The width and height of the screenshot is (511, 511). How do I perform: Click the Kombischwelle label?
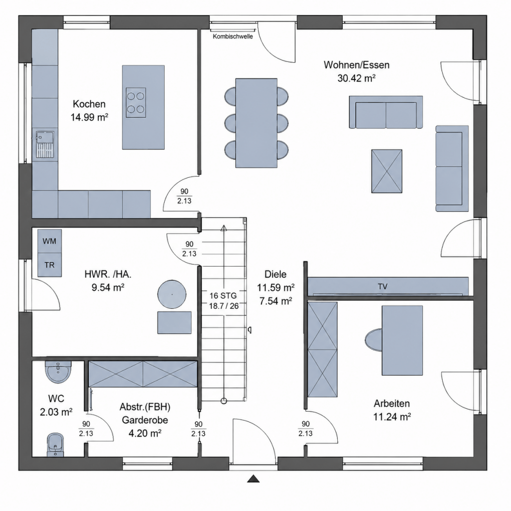click(x=233, y=36)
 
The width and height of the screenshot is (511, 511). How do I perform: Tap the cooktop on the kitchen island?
click(x=136, y=103)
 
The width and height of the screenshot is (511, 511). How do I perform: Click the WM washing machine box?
click(x=49, y=241)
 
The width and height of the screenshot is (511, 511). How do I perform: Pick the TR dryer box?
click(x=49, y=265)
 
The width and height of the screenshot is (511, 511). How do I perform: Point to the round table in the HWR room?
click(x=172, y=294)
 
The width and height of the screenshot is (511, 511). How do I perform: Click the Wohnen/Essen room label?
click(x=356, y=65)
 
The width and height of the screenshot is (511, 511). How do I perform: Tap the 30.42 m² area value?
click(x=356, y=78)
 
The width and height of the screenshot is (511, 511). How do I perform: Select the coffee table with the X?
click(x=387, y=171)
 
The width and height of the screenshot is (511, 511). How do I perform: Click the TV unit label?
click(x=383, y=286)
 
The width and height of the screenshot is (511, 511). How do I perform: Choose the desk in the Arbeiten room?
click(x=402, y=340)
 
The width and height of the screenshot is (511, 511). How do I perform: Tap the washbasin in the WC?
click(x=58, y=372)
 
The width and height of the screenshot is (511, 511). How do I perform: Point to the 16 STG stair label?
click(x=223, y=295)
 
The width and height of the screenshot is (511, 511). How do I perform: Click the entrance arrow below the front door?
click(x=253, y=479)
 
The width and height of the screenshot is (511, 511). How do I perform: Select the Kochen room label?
click(x=89, y=104)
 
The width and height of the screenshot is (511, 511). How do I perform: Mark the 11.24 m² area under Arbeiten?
click(x=392, y=417)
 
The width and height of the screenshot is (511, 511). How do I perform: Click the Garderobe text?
click(x=145, y=420)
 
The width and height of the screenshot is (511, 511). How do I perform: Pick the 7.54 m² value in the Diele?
click(x=275, y=301)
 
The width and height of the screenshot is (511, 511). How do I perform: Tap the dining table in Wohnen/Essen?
click(x=256, y=123)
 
